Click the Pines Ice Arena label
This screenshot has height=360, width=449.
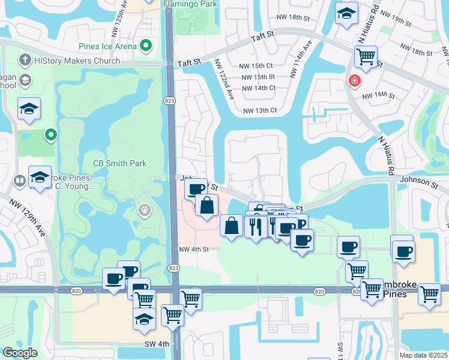(x=108, y=46)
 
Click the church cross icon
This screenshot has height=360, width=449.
(x=25, y=60)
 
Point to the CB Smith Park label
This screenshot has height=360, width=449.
(x=120, y=163)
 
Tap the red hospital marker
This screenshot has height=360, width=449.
(x=355, y=80)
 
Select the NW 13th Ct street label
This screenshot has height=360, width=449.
(x=260, y=110)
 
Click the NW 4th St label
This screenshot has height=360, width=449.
(x=193, y=250)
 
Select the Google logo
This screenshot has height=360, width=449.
(x=20, y=353)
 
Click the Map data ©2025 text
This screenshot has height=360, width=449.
(x=423, y=355)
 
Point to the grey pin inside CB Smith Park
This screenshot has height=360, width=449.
(x=144, y=210)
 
